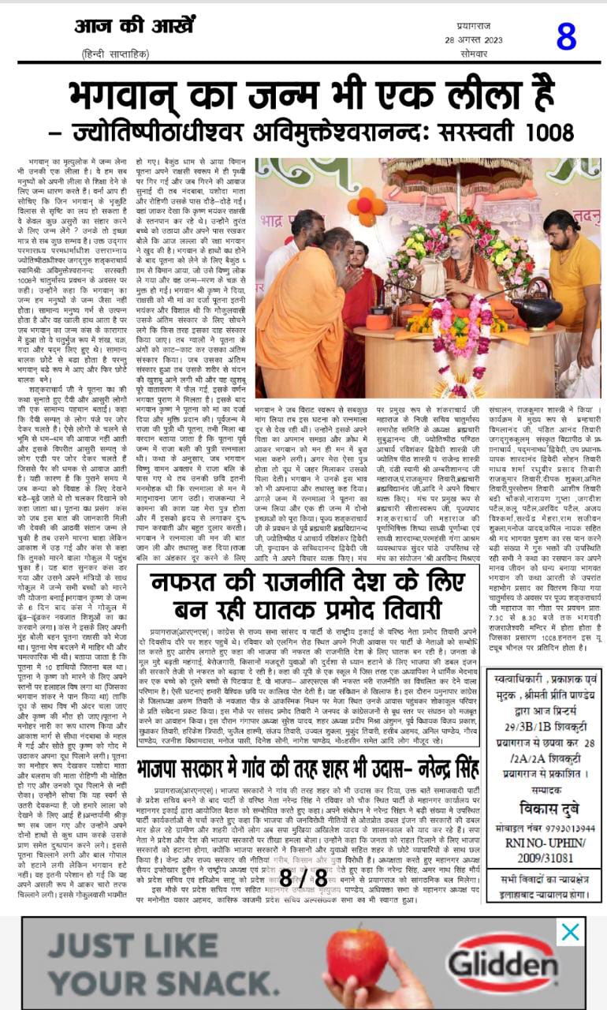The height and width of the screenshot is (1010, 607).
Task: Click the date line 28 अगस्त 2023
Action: tap(473, 40)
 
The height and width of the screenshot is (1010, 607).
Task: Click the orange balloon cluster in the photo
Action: tap(364, 208)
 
